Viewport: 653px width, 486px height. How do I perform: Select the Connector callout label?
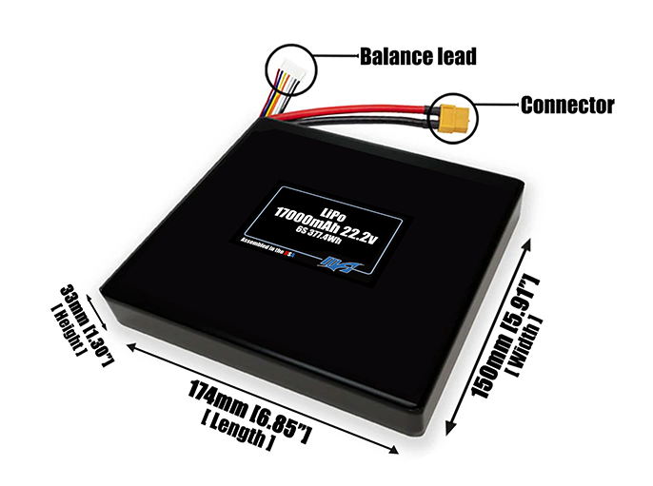point(566,105)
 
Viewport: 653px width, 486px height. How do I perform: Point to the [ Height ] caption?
point(68,329)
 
